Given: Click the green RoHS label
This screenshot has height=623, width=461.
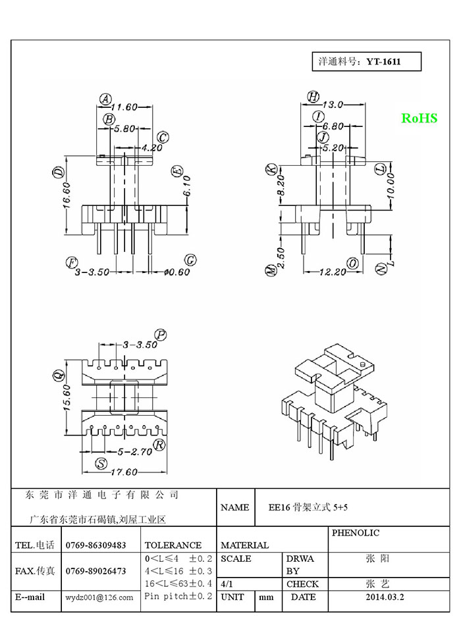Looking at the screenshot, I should (x=420, y=118).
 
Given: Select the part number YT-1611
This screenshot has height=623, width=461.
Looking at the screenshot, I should (x=384, y=62).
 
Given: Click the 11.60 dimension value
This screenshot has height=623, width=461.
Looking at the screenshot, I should (x=123, y=107).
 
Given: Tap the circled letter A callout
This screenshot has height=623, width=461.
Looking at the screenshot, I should (x=105, y=99).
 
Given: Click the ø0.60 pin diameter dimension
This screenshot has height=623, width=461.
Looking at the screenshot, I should (x=177, y=272).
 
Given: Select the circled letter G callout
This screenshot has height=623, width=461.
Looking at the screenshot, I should (x=191, y=261).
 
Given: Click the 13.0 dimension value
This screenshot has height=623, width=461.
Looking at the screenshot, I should (x=333, y=104).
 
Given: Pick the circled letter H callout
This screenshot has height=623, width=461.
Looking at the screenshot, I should (x=313, y=97).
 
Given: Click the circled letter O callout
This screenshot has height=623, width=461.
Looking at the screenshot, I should (x=354, y=263).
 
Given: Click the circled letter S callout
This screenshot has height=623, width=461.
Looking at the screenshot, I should (x=101, y=463).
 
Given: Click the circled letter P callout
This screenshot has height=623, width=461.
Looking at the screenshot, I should (x=160, y=335).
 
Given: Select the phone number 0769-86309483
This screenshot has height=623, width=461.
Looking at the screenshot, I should (x=96, y=545).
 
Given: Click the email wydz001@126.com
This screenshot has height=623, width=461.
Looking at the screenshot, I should (x=99, y=597).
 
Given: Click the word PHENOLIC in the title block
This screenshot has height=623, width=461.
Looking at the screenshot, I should (x=356, y=533).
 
